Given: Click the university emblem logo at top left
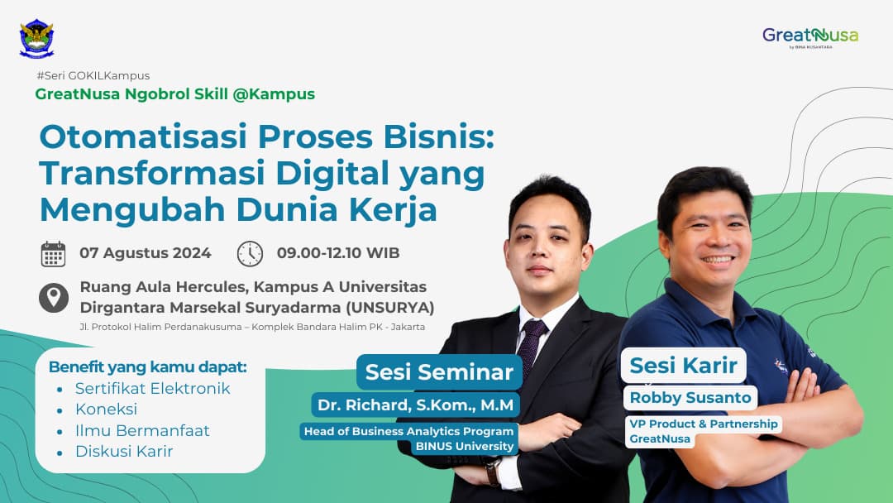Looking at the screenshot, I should [36, 38].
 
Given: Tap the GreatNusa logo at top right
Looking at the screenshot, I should [809, 36].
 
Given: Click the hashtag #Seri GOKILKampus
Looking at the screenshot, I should [93, 75].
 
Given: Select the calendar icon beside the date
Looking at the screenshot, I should [53, 253].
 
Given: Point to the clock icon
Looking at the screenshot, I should [250, 253].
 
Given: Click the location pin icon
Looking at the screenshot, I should [54, 297].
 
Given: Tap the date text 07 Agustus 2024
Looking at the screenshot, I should [146, 253].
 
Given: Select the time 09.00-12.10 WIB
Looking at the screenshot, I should [338, 253].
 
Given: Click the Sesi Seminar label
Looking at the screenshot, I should [439, 372].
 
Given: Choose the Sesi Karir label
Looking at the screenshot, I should [683, 365].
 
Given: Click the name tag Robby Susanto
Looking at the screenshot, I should [690, 398].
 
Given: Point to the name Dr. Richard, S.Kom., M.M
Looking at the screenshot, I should [415, 405].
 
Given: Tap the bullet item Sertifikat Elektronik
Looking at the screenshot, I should [152, 388].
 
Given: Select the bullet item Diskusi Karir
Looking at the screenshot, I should [124, 451].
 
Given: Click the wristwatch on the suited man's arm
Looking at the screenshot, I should [492, 472].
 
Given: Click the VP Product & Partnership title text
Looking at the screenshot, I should [702, 424].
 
